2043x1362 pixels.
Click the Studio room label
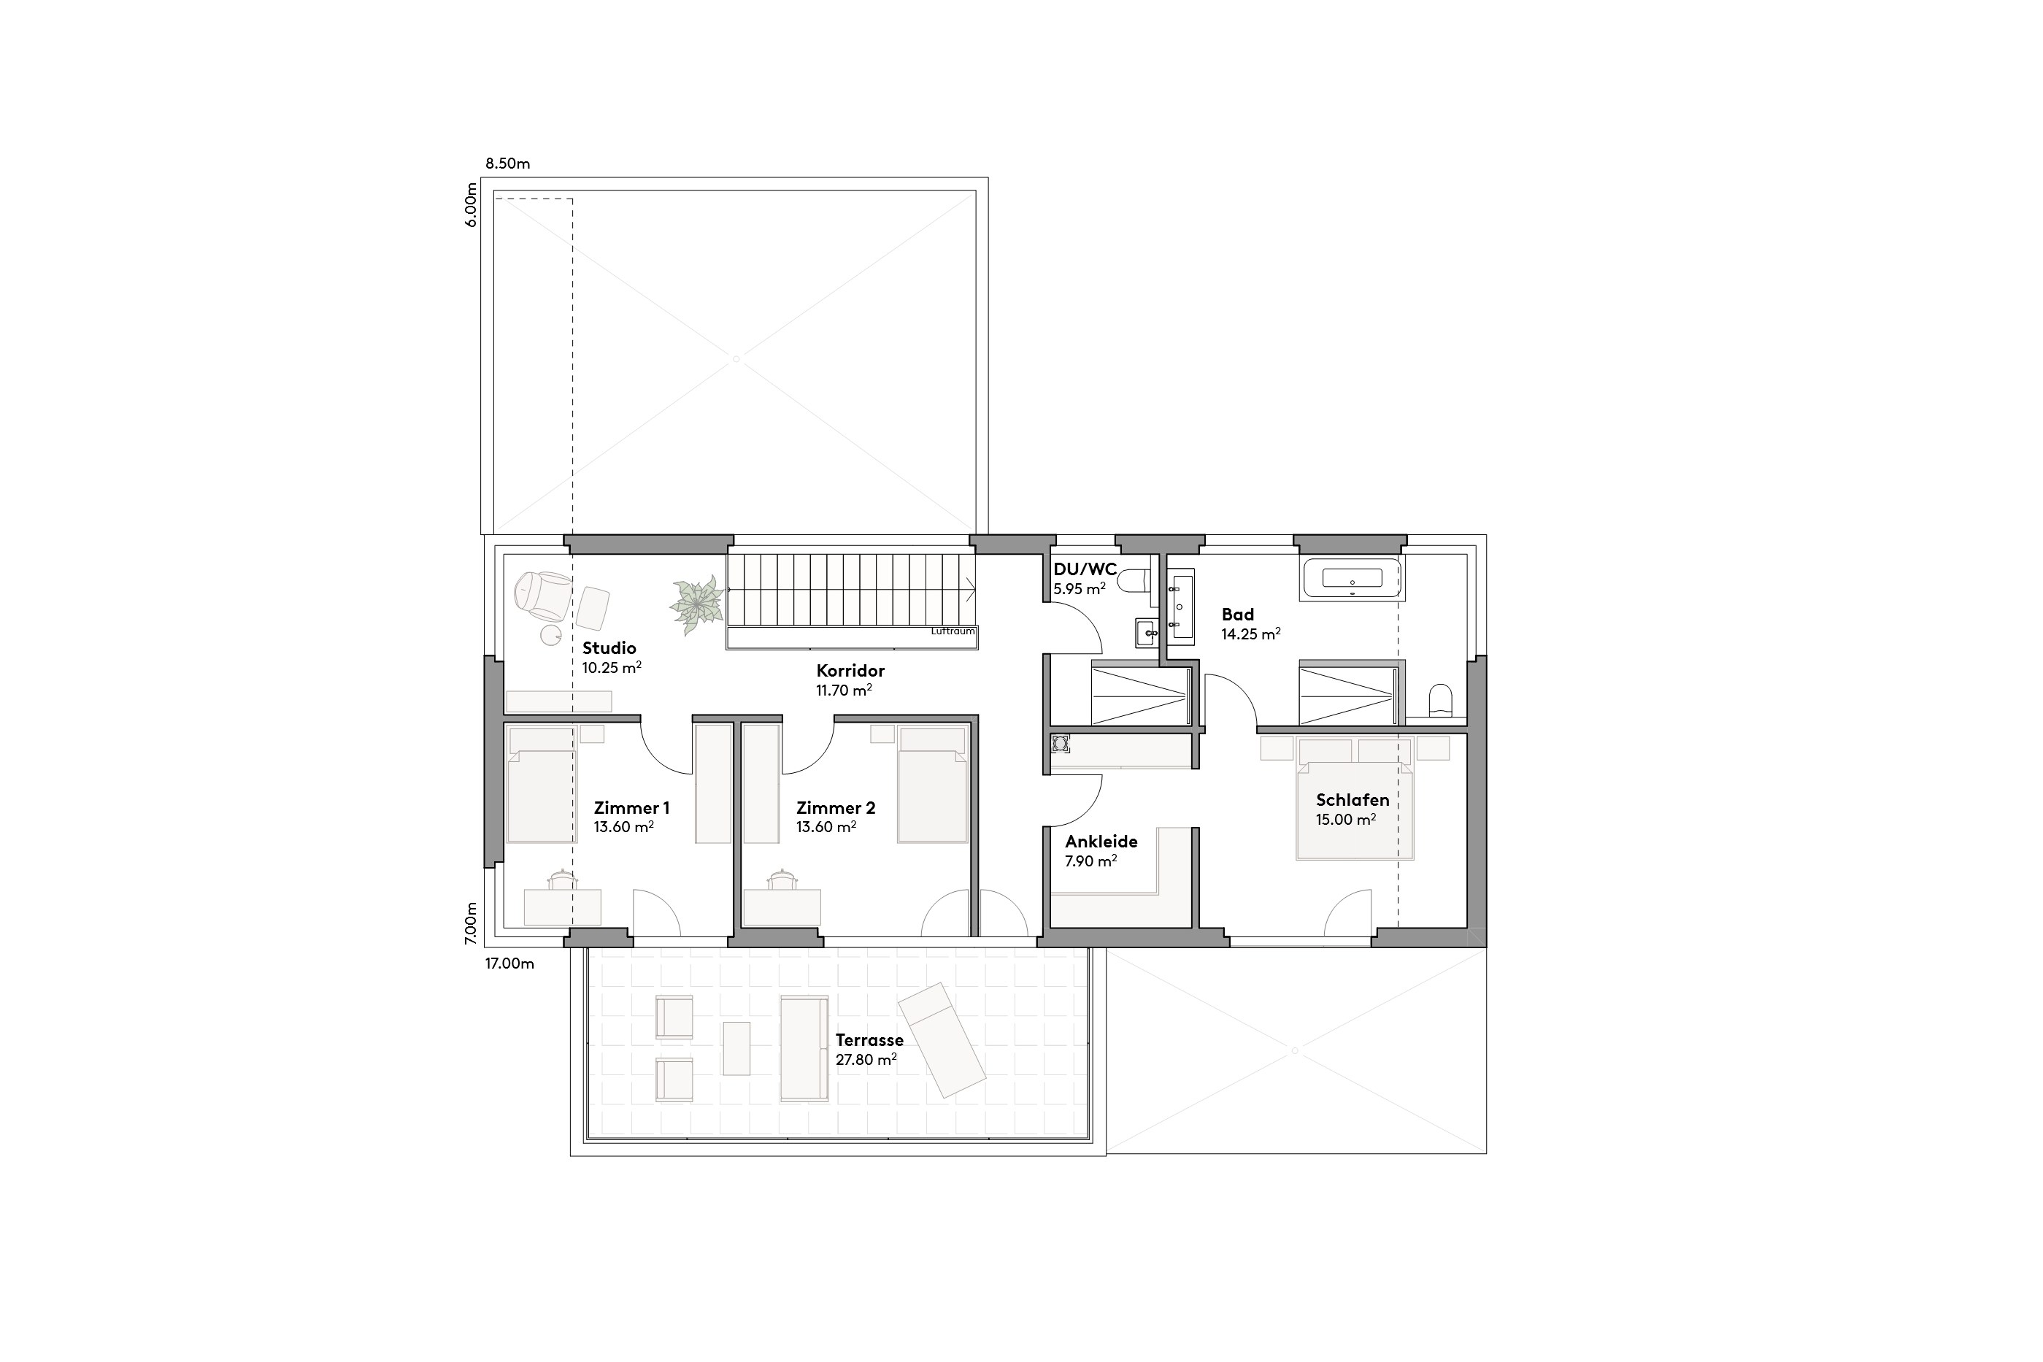pyautogui.click(x=609, y=648)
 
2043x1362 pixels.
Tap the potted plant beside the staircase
pyautogui.click(x=696, y=603)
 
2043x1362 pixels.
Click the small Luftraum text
pyautogui.click(x=953, y=631)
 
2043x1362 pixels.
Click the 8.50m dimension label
pyautogui.click(x=507, y=163)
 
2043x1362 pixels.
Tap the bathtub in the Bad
pyautogui.click(x=1352, y=580)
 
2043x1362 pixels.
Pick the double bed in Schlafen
pyautogui.click(x=1354, y=808)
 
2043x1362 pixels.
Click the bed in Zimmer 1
pyautogui.click(x=541, y=786)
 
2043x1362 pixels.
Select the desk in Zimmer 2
pyautogui.click(x=782, y=907)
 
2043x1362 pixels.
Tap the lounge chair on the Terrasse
pyautogui.click(x=942, y=1041)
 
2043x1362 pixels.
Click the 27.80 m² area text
pyautogui.click(x=865, y=1060)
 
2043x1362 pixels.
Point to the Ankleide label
pyautogui.click(x=1101, y=842)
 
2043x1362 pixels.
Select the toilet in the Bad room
pyautogui.click(x=1439, y=700)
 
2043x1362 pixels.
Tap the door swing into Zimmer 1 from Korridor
pyautogui.click(x=667, y=747)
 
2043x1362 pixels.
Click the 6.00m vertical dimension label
pyautogui.click(x=471, y=205)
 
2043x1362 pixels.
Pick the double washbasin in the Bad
pyautogui.click(x=1180, y=607)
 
